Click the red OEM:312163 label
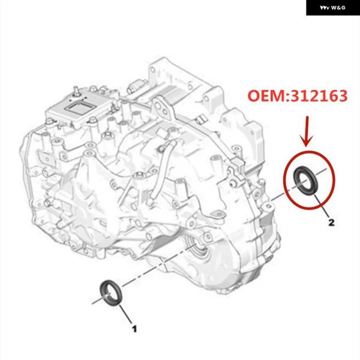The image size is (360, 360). click(298, 96)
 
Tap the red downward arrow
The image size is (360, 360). click(307, 131)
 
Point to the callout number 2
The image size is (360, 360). click(331, 222)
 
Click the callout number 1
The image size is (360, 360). click(134, 329)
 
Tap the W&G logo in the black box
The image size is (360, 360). click(332, 8)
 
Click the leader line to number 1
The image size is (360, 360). click(125, 314)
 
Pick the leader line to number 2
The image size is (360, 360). click(322, 206)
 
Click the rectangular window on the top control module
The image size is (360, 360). click(80, 107)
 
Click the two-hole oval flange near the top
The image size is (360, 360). click(163, 109)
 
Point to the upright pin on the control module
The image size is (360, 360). click(76, 91)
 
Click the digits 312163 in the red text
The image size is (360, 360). click(319, 96)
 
